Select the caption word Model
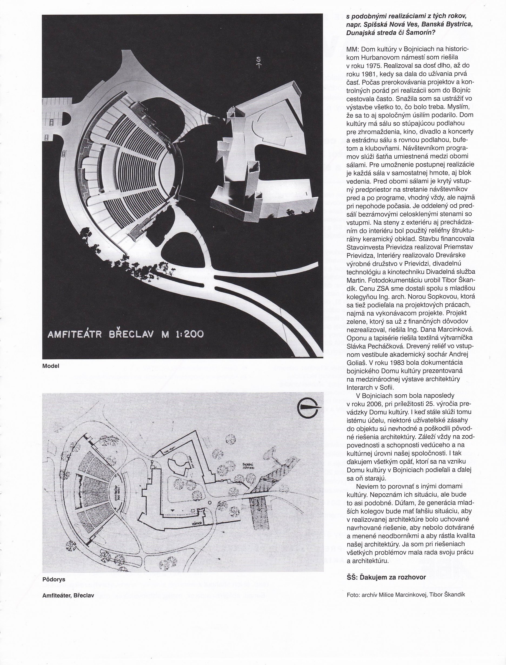pos(51,366)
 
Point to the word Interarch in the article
pos(358,387)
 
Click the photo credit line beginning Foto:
pos(406,594)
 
